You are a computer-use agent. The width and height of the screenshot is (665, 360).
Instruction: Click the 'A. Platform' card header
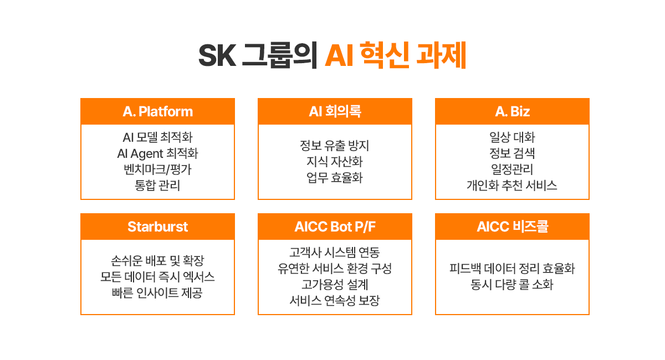(x=157, y=111)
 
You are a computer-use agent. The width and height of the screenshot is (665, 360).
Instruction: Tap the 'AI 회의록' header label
(x=335, y=111)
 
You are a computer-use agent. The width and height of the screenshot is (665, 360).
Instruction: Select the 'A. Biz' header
(x=512, y=111)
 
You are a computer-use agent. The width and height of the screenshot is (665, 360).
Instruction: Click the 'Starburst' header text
(x=157, y=227)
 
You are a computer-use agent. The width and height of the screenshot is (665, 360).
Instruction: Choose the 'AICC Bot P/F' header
(x=335, y=227)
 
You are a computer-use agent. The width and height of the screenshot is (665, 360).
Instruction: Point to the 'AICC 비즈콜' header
(x=512, y=227)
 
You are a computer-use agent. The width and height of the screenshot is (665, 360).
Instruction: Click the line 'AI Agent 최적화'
(x=157, y=153)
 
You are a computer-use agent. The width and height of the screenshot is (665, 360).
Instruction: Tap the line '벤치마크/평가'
(x=157, y=169)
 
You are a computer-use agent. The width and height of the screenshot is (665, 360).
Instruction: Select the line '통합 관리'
(x=157, y=186)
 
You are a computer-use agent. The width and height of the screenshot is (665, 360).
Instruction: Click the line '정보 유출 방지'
(x=335, y=146)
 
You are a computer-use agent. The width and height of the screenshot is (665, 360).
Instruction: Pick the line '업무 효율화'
(x=335, y=177)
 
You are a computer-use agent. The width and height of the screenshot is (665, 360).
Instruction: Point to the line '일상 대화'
(x=512, y=137)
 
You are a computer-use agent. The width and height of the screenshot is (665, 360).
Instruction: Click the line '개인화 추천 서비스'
(x=512, y=186)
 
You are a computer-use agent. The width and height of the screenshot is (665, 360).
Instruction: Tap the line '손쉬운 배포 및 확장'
(x=157, y=260)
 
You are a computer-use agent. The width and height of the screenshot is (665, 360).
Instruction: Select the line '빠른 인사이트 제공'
(x=157, y=292)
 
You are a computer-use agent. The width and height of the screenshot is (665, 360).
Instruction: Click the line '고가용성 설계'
(x=335, y=285)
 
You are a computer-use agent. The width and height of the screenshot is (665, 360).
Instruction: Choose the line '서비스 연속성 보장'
(x=335, y=301)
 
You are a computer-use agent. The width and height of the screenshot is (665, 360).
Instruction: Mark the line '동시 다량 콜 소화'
(x=512, y=285)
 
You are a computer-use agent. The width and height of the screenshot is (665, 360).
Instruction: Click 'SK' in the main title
(x=217, y=55)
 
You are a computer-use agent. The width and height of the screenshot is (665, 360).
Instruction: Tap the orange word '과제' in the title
(x=441, y=55)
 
